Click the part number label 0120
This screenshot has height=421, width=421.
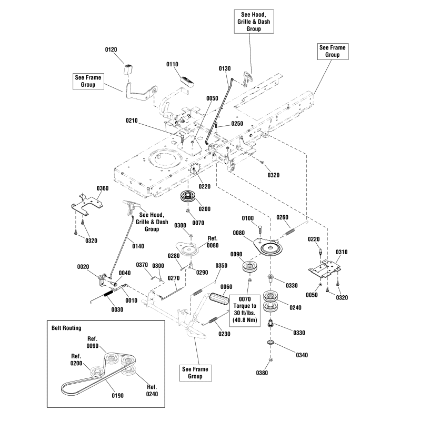coord(111,49)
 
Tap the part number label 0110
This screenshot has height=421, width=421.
coord(173,64)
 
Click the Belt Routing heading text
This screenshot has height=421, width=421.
coord(66,328)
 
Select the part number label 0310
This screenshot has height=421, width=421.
coord(342,252)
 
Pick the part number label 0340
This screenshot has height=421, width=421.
coord(301,355)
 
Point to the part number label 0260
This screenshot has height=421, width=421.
coord(282,217)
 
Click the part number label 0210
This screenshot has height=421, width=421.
coord(132,121)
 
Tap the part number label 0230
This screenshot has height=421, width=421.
coord(224,333)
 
